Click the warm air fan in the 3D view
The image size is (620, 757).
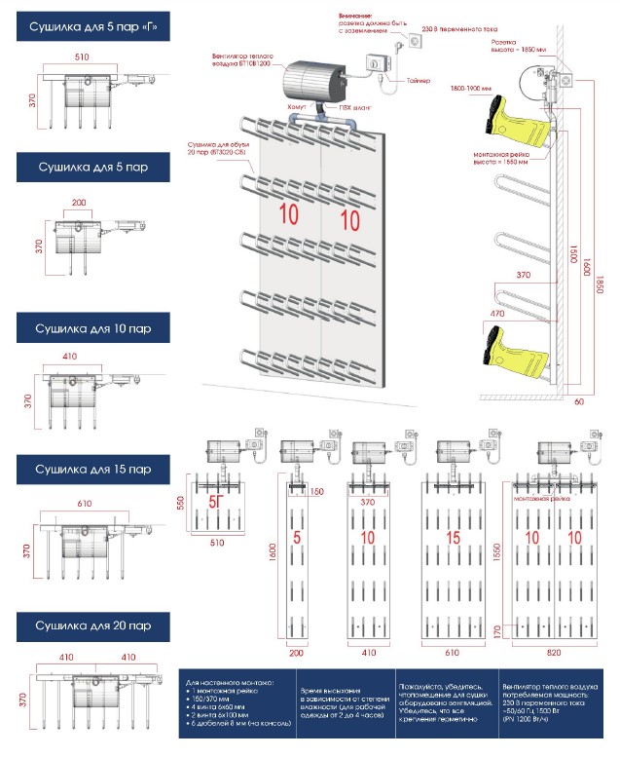[x=312, y=77]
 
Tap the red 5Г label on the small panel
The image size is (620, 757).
[x=221, y=505]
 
